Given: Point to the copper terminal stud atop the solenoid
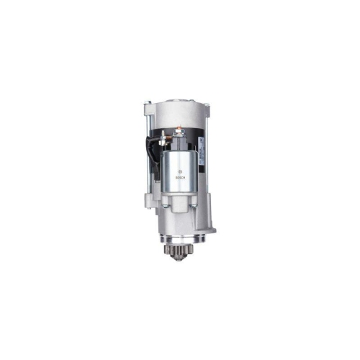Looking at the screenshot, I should (x=178, y=131).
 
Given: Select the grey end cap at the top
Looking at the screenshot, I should (x=176, y=109).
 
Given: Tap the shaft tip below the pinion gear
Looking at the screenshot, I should (x=178, y=259).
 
